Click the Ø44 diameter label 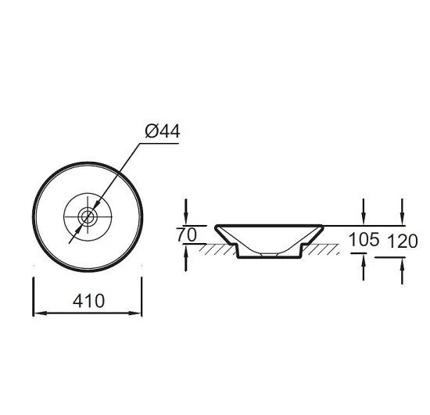pyautogui.click(x=163, y=131)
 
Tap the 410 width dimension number pyautogui.click(x=88, y=301)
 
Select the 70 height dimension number pyautogui.click(x=187, y=235)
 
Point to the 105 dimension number pyautogui.click(x=364, y=239)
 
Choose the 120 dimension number pyautogui.click(x=403, y=241)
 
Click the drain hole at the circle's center pyautogui.click(x=88, y=217)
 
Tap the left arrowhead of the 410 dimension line pyautogui.click(x=40, y=313)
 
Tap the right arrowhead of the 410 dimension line pyautogui.click(x=135, y=313)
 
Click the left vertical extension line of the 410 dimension pyautogui.click(x=33, y=297)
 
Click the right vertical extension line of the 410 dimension pyautogui.click(x=142, y=297)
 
